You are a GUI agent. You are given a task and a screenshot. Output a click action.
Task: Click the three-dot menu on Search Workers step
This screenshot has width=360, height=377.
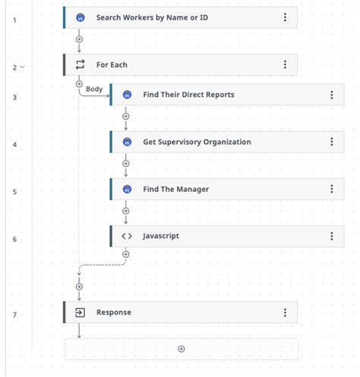[x=285, y=17]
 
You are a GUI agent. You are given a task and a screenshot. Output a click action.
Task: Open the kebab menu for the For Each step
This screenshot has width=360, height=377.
[x=285, y=64]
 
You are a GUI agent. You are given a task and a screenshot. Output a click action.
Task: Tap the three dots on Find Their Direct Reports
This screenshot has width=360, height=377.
[x=332, y=95]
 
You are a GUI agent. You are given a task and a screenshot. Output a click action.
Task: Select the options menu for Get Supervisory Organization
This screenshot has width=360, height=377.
[x=332, y=142]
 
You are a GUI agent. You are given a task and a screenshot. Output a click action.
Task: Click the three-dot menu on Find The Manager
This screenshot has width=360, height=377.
[x=332, y=189]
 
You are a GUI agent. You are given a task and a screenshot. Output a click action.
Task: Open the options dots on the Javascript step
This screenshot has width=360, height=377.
[x=332, y=236]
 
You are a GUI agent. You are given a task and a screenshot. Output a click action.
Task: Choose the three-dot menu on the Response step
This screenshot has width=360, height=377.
[x=285, y=313]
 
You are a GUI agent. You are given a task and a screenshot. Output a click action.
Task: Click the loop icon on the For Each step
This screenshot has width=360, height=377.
[x=80, y=64]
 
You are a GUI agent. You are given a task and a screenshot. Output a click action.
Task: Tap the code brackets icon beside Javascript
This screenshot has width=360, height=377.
[x=127, y=236]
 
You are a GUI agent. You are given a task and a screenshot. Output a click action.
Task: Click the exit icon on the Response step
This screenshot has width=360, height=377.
[x=80, y=313]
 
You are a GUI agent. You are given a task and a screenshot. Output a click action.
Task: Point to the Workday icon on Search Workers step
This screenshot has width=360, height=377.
[x=81, y=17]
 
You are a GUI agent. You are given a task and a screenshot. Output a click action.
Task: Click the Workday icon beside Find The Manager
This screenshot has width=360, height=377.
[x=127, y=189]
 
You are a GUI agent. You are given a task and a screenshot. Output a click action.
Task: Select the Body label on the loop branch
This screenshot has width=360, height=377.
[x=94, y=89]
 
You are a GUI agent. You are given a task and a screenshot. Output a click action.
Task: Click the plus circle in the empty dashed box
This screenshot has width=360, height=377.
[x=182, y=349]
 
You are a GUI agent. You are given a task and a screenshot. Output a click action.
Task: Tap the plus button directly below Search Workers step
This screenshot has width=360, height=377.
[x=79, y=39]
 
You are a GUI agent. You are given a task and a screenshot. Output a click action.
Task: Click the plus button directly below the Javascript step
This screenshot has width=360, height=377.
[x=126, y=254]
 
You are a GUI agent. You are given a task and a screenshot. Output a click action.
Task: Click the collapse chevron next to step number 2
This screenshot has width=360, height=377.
[x=23, y=67]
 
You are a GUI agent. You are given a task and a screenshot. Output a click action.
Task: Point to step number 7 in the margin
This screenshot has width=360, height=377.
[x=14, y=315]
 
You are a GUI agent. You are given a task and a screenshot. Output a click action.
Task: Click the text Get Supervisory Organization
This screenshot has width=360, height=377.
[x=197, y=142]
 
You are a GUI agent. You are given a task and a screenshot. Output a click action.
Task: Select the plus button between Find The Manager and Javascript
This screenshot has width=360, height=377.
[x=126, y=211]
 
